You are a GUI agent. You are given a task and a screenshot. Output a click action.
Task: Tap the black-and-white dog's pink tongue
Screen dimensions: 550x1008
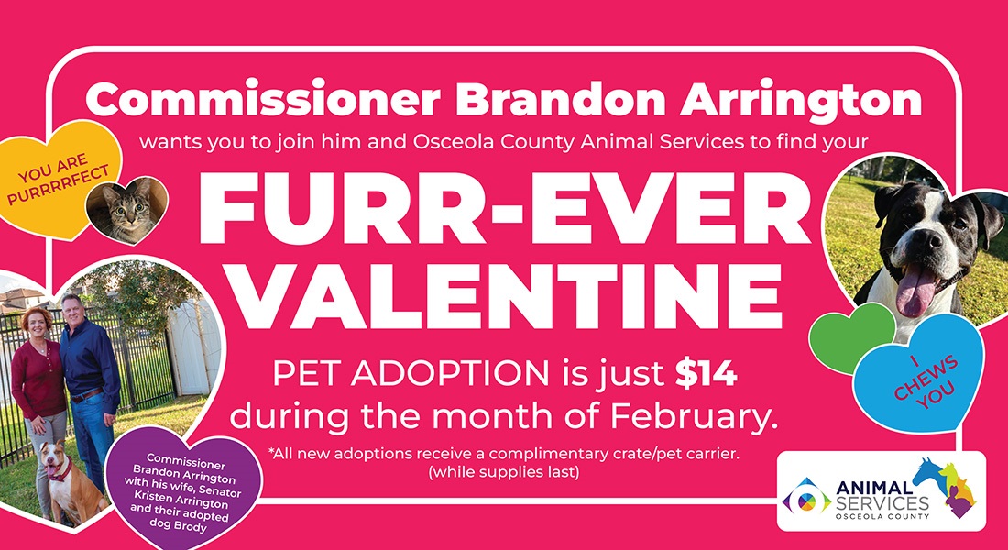click(917, 292)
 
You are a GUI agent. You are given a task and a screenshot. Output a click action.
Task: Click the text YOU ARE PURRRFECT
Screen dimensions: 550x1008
click(58, 179)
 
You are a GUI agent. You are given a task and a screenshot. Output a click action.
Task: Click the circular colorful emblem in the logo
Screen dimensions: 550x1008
click(808, 500)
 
